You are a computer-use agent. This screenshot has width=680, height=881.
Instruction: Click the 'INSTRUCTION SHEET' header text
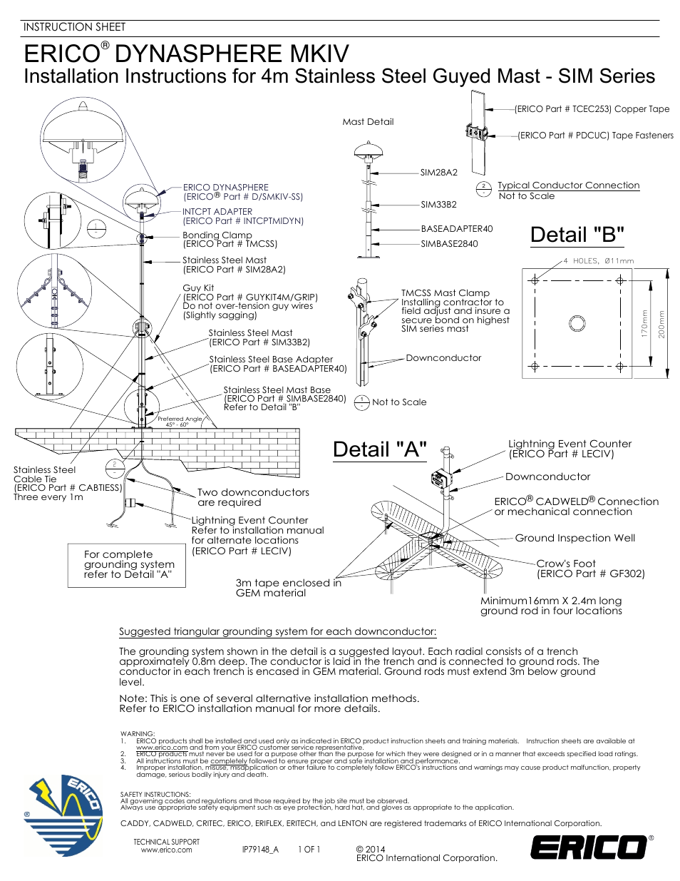[74, 27]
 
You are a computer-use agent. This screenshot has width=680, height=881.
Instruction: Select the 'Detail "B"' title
[577, 235]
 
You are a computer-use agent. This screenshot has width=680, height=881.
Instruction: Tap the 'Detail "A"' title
[379, 449]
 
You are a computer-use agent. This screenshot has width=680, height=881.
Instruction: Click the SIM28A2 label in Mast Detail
[438, 173]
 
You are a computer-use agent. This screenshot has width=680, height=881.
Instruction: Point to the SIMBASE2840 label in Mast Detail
[449, 244]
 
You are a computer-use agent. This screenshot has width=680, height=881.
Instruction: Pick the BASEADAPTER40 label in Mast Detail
[456, 229]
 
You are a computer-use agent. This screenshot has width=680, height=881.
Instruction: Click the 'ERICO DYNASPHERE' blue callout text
[226, 188]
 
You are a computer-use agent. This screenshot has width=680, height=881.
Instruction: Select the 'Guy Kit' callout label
[198, 288]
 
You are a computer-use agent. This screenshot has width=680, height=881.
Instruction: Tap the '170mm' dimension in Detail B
[644, 323]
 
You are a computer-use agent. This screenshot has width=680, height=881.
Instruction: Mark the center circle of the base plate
[577, 323]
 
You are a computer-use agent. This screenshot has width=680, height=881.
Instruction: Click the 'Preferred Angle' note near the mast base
[179, 419]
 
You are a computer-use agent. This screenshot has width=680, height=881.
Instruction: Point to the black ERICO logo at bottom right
[589, 847]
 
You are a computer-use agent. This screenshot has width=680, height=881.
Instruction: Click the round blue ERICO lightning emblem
[63, 816]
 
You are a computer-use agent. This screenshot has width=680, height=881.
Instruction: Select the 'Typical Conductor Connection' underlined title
[568, 185]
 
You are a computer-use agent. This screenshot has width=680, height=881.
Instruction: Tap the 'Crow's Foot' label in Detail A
[566, 564]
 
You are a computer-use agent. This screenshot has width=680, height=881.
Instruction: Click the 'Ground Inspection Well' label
[575, 538]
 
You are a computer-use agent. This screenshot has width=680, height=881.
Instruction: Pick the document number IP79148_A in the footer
[259, 850]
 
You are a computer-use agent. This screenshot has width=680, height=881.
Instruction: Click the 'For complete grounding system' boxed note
[127, 564]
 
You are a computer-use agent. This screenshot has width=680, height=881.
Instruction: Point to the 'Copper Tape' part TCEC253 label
[592, 109]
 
